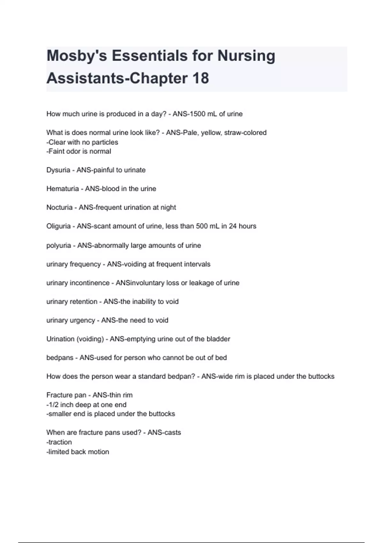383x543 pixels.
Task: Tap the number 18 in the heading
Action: [x=200, y=78]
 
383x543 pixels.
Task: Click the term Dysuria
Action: [x=58, y=170]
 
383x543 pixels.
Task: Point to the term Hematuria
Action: [x=63, y=189]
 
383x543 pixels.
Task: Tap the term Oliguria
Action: [x=58, y=226]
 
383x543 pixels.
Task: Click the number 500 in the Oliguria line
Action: [x=202, y=226]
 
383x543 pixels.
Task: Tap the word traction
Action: [x=60, y=442]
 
